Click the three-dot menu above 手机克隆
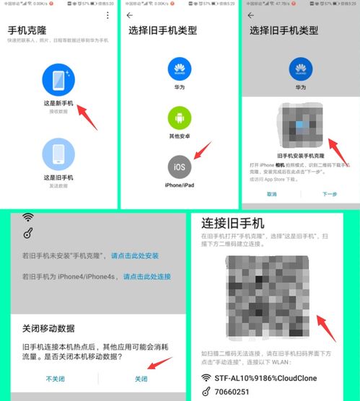click(107, 15)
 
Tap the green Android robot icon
click(180, 118)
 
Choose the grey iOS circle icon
click(180, 167)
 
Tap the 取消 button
click(271, 194)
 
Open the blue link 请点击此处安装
click(135, 256)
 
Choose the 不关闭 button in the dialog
click(56, 379)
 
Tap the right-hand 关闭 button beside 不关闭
click(141, 379)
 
